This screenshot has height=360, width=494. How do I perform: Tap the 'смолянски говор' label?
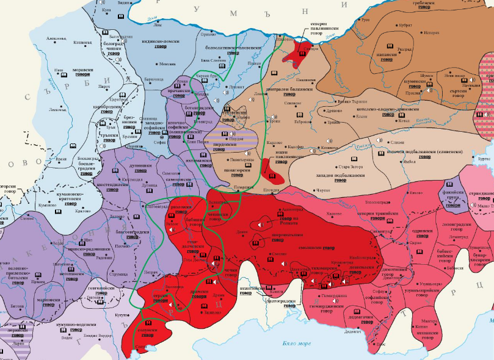click(312, 248)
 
